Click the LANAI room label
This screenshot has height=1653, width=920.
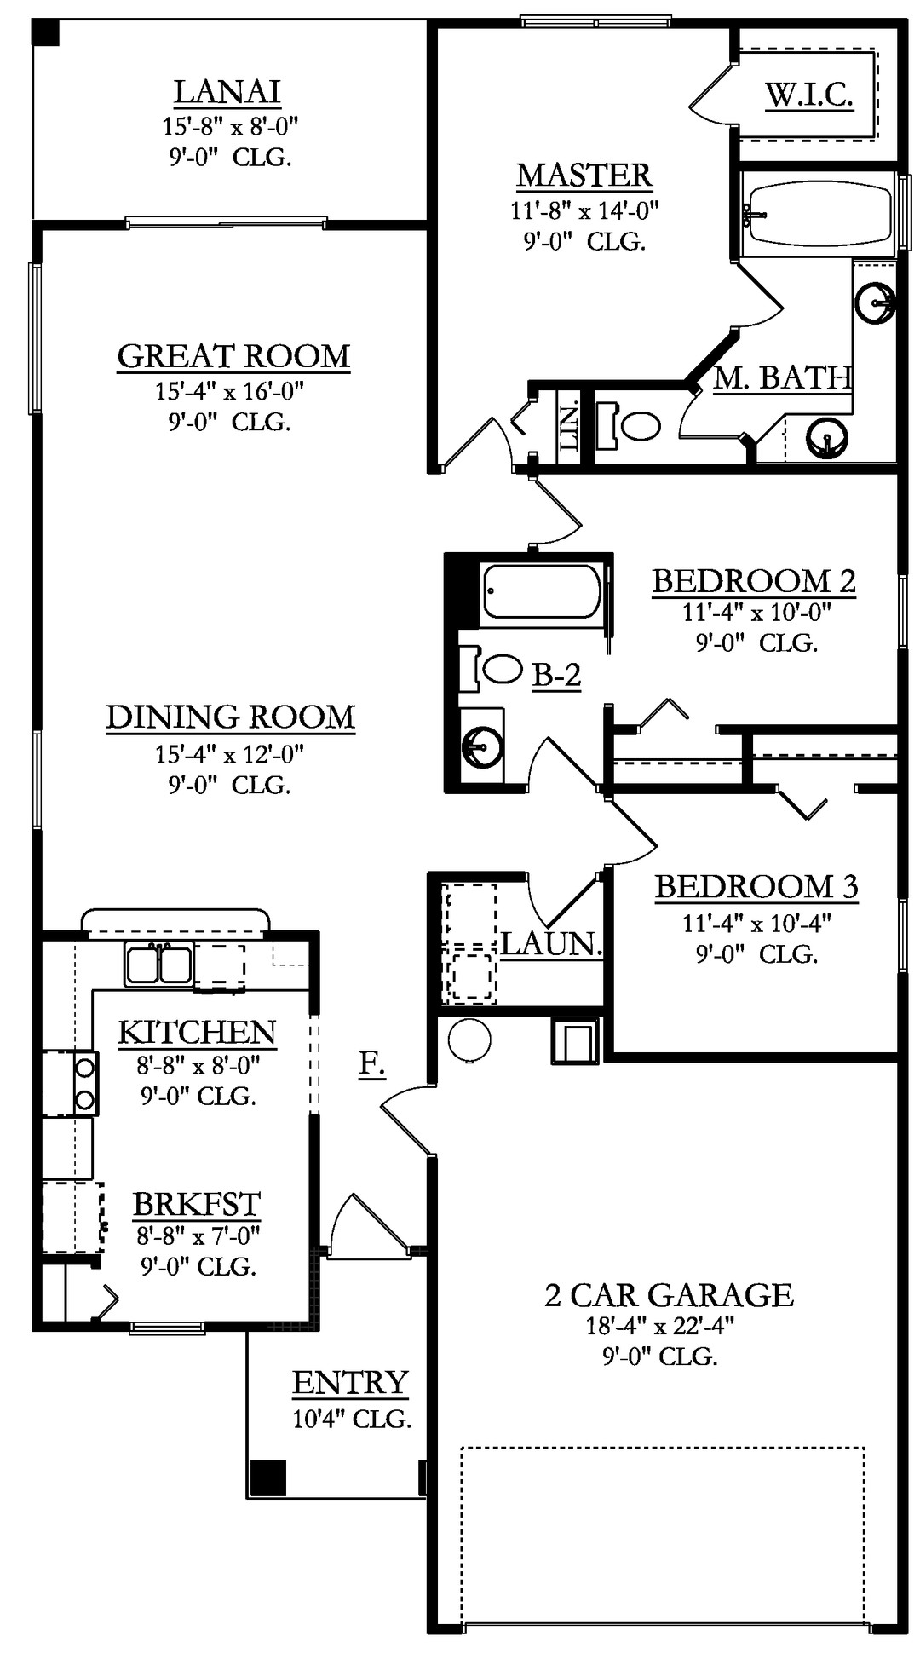[x=227, y=92]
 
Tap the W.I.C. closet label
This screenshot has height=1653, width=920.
[x=809, y=95]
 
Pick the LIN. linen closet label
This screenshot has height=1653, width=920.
[x=568, y=426]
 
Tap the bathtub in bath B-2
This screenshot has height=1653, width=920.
[x=542, y=590]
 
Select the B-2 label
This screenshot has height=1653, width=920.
[x=557, y=676]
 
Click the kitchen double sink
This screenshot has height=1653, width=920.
[x=159, y=965]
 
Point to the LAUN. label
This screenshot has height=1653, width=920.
[x=551, y=944]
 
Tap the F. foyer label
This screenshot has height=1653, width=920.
[x=371, y=1063]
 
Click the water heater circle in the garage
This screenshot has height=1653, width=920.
[x=469, y=1040]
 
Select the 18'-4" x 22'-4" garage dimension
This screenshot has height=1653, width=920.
[x=659, y=1326]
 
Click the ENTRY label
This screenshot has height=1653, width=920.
[x=350, y=1383]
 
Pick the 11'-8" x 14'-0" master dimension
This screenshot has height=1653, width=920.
[x=584, y=210]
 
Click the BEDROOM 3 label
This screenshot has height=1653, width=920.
[x=756, y=887]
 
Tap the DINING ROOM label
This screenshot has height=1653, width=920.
[x=231, y=717]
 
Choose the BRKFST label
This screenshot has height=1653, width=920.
[x=197, y=1204]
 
